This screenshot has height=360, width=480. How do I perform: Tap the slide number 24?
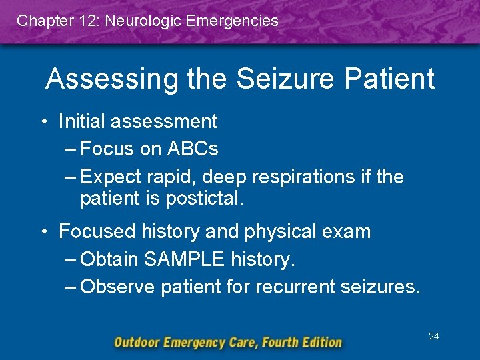[x=433, y=337]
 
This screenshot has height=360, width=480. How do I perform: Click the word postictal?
[x=207, y=198]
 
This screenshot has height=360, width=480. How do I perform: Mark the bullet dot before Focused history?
[x=42, y=232]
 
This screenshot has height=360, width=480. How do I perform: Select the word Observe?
[x=118, y=287]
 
